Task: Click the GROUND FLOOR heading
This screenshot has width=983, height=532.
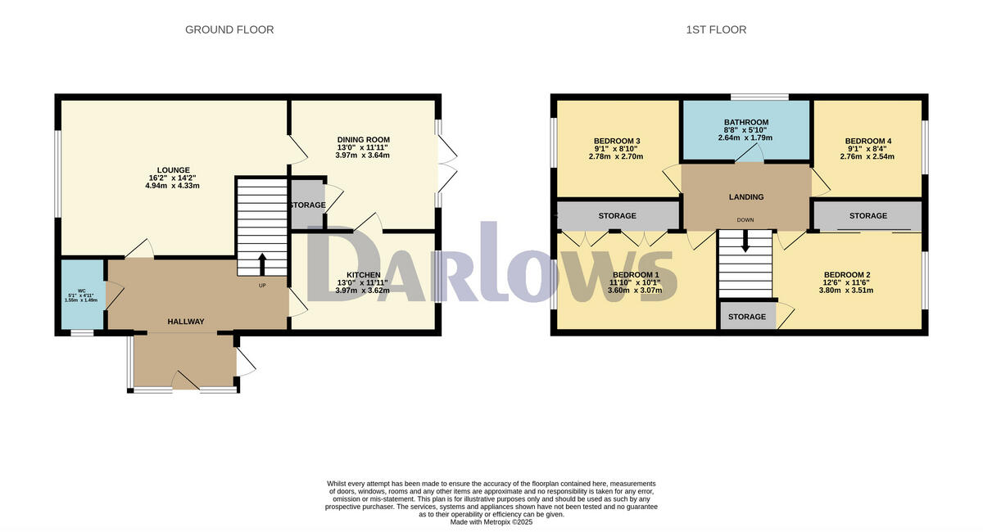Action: pyautogui.click(x=229, y=29)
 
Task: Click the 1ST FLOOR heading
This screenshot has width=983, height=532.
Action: pyautogui.click(x=716, y=29)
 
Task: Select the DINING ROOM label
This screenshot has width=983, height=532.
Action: pyautogui.click(x=362, y=140)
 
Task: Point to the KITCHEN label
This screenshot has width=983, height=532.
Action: pyautogui.click(x=363, y=275)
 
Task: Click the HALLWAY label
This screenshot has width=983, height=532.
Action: pyautogui.click(x=185, y=322)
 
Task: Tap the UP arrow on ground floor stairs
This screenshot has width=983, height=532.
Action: pyautogui.click(x=262, y=264)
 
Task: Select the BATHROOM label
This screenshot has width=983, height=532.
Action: pyautogui.click(x=745, y=122)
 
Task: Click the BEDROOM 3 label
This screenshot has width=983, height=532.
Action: pyautogui.click(x=617, y=141)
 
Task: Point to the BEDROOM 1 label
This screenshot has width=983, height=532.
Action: pyautogui.click(x=636, y=275)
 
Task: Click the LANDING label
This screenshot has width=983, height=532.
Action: pyautogui.click(x=745, y=196)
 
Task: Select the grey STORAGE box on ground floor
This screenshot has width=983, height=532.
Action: pyautogui.click(x=306, y=205)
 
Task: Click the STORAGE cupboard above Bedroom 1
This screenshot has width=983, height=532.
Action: pyautogui.click(x=617, y=216)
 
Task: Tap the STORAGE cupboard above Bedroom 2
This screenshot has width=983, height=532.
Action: pyautogui.click(x=867, y=216)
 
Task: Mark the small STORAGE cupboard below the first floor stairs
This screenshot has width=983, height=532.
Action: pyautogui.click(x=747, y=317)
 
